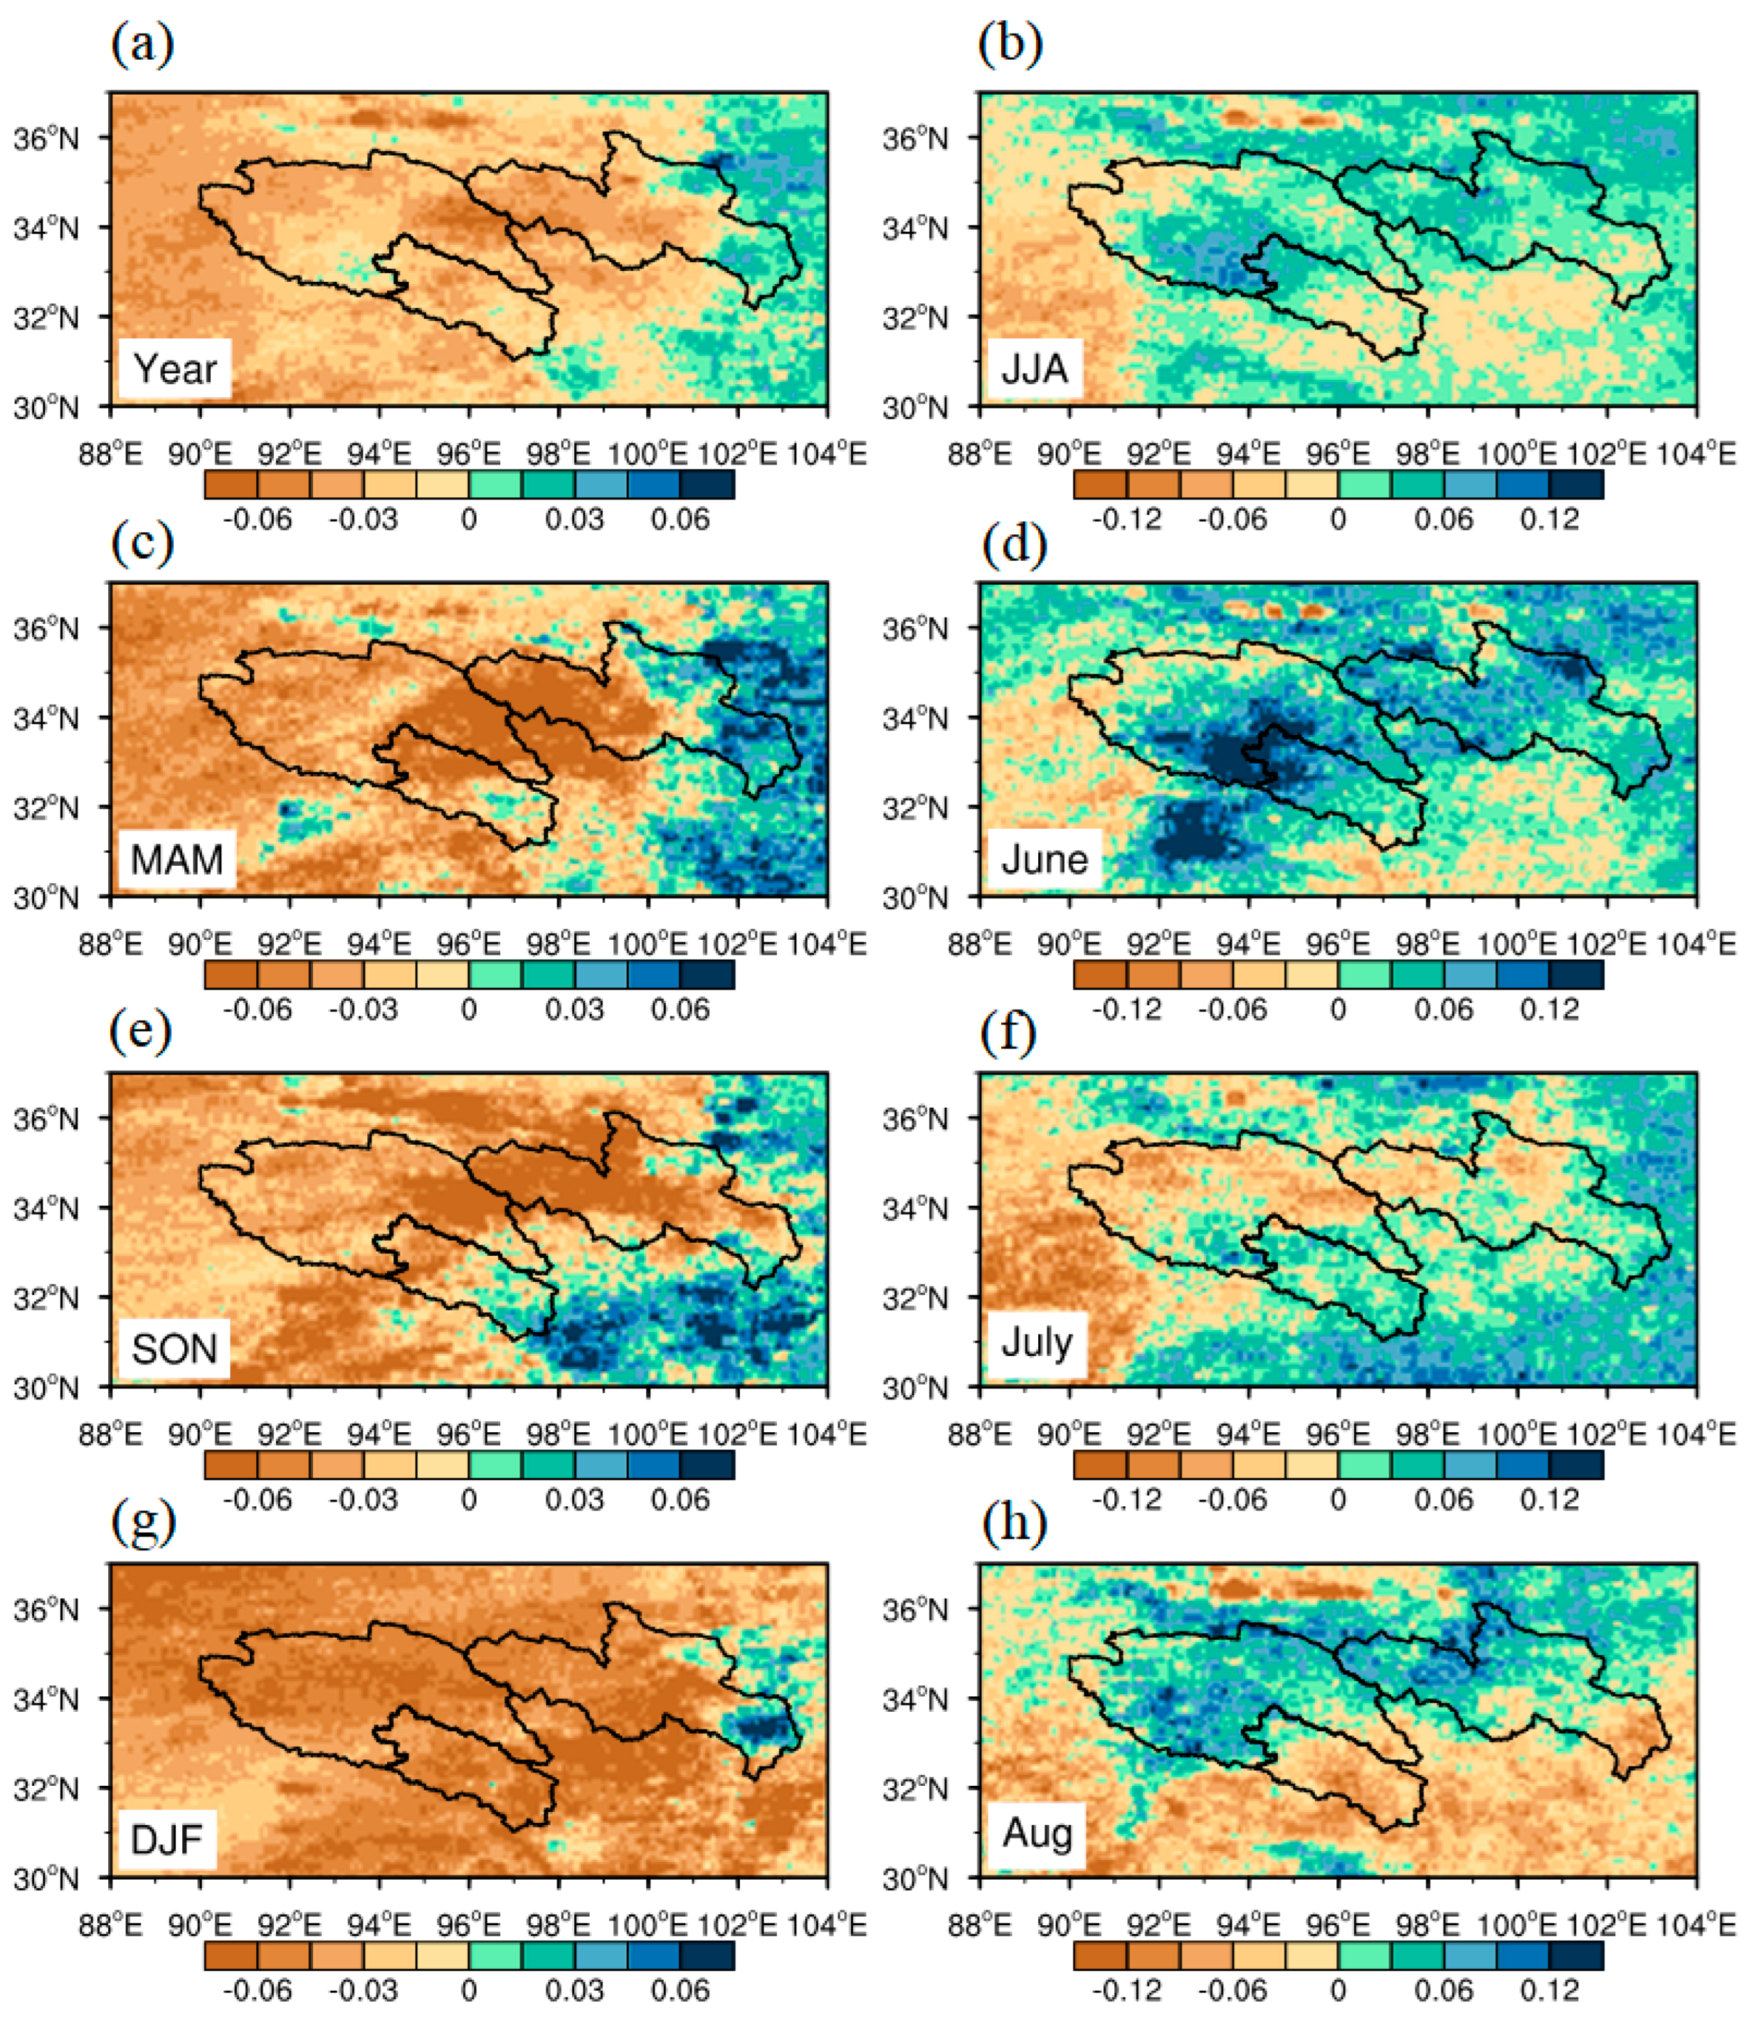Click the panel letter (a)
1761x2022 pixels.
(x=142, y=44)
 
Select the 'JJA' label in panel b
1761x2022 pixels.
(x=1034, y=369)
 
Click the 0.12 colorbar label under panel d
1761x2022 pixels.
(x=1549, y=1009)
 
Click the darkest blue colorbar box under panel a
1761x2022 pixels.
(x=707, y=485)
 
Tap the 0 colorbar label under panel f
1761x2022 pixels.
(x=1338, y=1499)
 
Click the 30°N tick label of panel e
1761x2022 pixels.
(x=46, y=1387)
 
